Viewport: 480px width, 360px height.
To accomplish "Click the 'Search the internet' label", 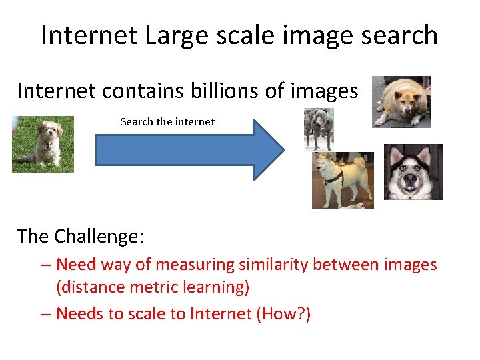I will coord(167,121).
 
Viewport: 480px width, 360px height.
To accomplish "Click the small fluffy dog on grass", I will coord(43,144).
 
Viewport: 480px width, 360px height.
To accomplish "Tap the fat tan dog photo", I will coord(401,101).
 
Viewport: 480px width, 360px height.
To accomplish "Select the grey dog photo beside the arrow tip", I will coord(318,128).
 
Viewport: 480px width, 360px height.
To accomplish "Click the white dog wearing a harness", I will coord(342,179).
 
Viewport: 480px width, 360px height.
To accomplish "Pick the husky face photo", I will coord(413,172).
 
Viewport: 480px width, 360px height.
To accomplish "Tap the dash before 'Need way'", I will coord(45,265).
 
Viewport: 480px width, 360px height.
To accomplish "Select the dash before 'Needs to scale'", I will coord(45,313).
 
